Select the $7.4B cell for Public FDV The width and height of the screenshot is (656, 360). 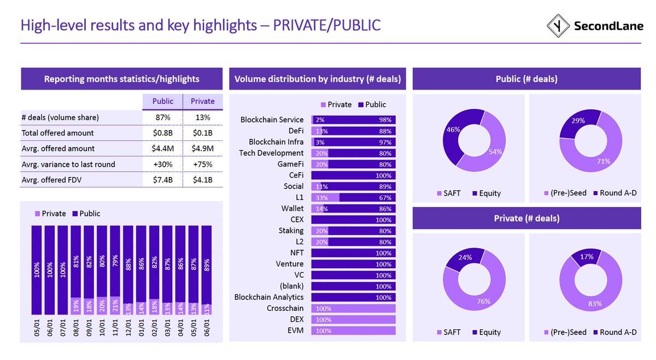pyautogui.click(x=163, y=180)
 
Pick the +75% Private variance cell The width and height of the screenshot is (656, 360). pyautogui.click(x=202, y=164)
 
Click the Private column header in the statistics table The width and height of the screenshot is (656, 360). pyautogui.click(x=202, y=101)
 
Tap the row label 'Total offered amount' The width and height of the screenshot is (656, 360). pyautogui.click(x=57, y=133)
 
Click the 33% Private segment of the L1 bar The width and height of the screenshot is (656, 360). pyautogui.click(x=325, y=197)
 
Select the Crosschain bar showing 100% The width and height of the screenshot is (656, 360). pyautogui.click(x=353, y=308)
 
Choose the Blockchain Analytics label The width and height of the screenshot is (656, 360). pyautogui.click(x=269, y=297)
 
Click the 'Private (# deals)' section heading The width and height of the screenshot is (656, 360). pyautogui.click(x=527, y=218)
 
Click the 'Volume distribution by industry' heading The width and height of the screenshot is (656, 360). pyautogui.click(x=318, y=79)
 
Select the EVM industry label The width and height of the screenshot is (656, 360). pyautogui.click(x=296, y=331)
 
